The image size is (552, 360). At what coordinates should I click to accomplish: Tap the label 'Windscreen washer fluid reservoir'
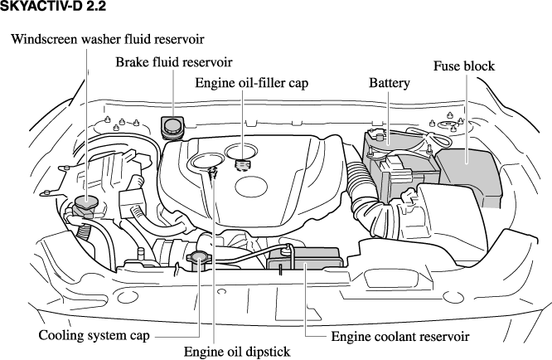coord(108,39)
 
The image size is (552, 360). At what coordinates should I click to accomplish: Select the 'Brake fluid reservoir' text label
coord(174,62)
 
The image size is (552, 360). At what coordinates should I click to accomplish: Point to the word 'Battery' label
coord(389,83)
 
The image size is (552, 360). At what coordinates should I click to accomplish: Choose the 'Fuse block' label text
coord(464,66)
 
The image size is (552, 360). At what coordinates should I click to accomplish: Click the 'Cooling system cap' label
coord(94,336)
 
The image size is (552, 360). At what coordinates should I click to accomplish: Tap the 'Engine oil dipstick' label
coord(237,352)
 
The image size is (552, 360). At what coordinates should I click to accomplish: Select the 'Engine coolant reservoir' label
coord(400,337)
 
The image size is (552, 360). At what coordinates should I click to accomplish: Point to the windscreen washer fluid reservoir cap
coord(86,202)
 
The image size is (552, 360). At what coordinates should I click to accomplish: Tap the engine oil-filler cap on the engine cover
coord(243,163)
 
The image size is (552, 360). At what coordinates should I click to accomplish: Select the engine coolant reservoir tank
coord(305,265)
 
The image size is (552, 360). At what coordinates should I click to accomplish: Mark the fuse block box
coord(469,174)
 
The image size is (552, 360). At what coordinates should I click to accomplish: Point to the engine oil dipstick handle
coord(213,173)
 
